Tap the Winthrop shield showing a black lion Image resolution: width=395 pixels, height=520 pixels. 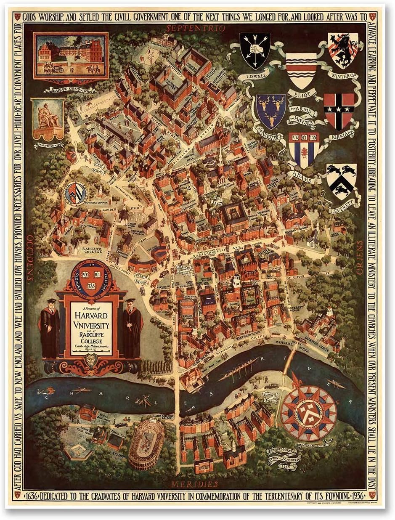[343, 50]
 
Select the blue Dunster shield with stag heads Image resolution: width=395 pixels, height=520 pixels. [270, 111]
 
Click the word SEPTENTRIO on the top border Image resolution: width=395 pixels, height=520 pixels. [196, 28]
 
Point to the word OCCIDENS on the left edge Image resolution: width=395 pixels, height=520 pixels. [30, 258]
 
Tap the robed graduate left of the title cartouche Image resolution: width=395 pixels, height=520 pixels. [50, 328]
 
